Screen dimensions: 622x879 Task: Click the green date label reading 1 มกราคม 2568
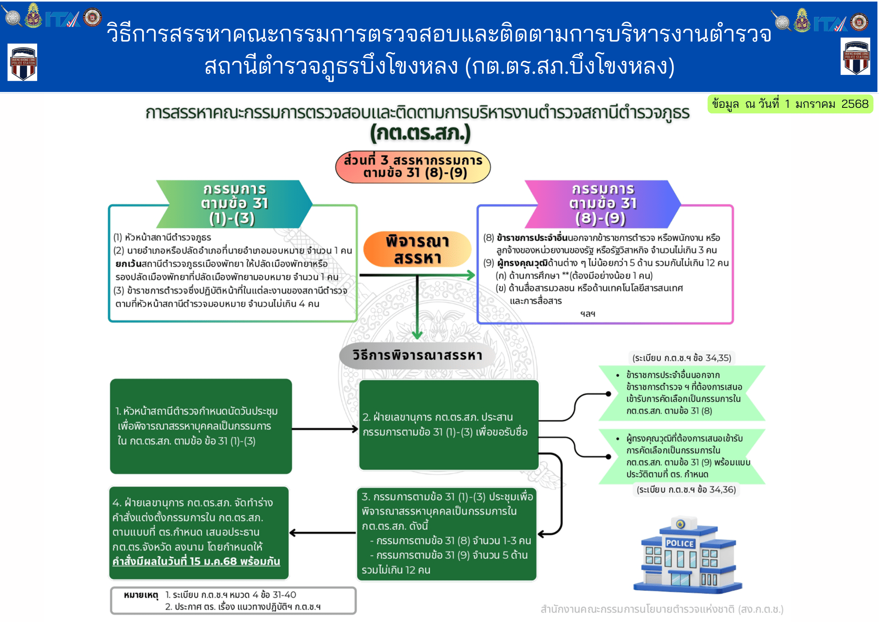[x=790, y=104]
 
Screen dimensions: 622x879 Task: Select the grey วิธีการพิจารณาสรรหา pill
[x=417, y=355]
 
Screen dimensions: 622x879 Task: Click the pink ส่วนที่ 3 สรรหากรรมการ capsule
[x=413, y=167]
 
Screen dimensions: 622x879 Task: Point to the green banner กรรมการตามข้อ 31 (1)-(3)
[x=234, y=204]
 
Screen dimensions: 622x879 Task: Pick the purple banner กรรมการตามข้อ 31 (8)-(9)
[x=603, y=204]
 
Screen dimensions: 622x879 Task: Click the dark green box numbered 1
[x=201, y=426]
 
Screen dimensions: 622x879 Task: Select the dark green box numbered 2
[x=449, y=425]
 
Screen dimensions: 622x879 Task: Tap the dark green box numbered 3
[x=446, y=533]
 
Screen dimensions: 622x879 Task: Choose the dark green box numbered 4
[x=199, y=533]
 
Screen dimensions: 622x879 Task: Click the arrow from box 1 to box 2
[x=325, y=429]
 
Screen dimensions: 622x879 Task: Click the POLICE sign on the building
[x=680, y=543]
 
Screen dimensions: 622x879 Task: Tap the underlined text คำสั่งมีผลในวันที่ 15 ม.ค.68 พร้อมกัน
[x=196, y=562]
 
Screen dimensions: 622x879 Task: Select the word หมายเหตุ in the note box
[x=141, y=595]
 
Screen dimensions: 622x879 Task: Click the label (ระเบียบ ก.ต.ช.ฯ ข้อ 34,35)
[x=682, y=358]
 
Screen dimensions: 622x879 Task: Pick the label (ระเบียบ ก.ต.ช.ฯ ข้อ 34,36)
[x=686, y=490]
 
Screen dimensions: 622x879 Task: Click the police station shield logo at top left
[x=22, y=62]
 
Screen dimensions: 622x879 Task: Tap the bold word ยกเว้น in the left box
[x=128, y=264]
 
